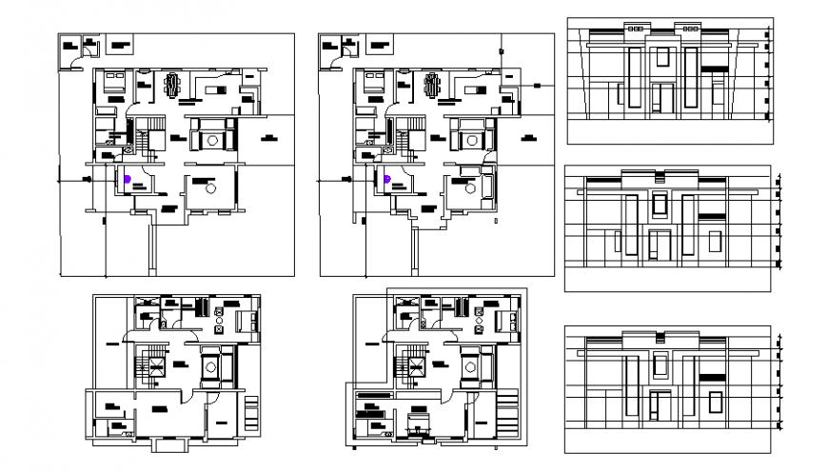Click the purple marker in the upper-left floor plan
coord(127,178)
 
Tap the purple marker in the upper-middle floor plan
coord(386,178)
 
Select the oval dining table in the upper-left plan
coord(172,87)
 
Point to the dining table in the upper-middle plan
coord(432,87)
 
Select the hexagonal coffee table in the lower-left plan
coord(212,364)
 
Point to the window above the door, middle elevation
coord(659,204)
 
